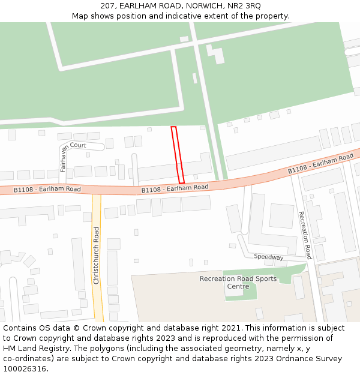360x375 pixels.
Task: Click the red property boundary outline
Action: [178, 155]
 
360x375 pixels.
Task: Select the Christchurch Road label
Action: [96, 256]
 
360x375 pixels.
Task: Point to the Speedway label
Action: [268, 257]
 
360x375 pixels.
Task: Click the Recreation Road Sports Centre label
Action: [238, 283]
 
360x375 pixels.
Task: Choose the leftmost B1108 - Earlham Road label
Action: [47, 190]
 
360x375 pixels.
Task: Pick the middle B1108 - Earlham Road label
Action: [175, 188]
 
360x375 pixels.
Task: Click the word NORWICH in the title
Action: [200, 5]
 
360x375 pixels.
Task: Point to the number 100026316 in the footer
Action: [23, 368]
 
